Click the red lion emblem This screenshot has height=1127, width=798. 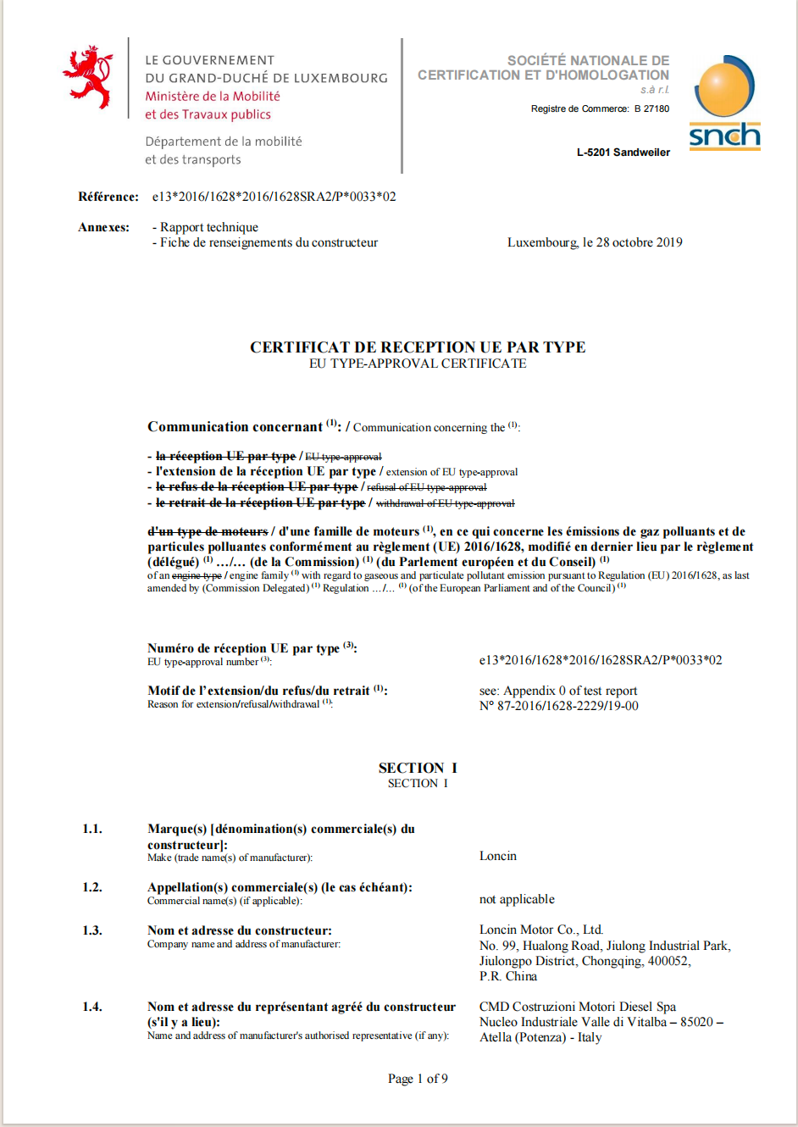(x=88, y=77)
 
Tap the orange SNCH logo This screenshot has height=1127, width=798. (x=724, y=103)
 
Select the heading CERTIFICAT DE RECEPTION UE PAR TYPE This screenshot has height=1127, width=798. (x=418, y=347)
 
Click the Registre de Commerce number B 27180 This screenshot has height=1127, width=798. (x=651, y=108)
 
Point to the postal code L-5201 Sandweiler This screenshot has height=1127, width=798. (x=623, y=153)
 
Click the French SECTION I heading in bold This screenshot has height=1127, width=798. (x=418, y=768)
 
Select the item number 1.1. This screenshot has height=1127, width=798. (x=92, y=829)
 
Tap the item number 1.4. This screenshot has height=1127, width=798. (x=92, y=1007)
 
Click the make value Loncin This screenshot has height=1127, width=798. (x=498, y=856)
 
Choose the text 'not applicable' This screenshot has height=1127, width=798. (x=517, y=899)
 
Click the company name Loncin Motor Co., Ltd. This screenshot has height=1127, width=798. (x=541, y=930)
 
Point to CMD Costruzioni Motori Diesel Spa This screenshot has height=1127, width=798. (x=578, y=1007)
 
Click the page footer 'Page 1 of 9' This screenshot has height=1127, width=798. (x=418, y=1079)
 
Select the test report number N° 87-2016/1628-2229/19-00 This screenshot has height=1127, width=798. (x=559, y=706)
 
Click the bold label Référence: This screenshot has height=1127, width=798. (x=108, y=197)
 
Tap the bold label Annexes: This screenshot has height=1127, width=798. (x=104, y=227)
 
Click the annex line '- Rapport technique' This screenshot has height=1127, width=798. (x=205, y=227)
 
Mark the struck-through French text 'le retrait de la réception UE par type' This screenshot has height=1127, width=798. (x=260, y=502)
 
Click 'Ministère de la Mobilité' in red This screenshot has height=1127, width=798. (x=213, y=97)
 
